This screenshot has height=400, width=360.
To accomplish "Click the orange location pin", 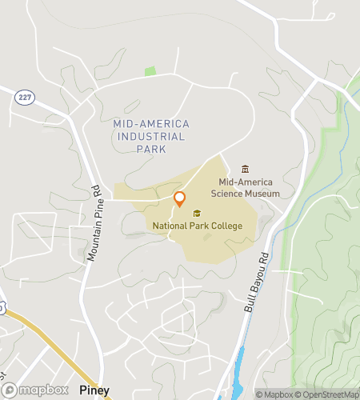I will pyautogui.click(x=180, y=199).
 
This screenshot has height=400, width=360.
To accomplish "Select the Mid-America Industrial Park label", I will pyautogui.click(x=151, y=136).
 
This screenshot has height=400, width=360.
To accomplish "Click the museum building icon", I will pyautogui.click(x=245, y=169).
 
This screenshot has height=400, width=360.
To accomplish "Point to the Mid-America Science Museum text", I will pyautogui.click(x=245, y=187).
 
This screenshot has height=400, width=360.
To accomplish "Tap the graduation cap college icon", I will pyautogui.click(x=197, y=213).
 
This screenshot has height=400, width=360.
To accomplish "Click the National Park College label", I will pyautogui.click(x=197, y=226).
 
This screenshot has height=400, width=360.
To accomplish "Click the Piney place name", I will pyautogui.click(x=94, y=390).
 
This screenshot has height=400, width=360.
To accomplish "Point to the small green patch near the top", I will pyautogui.click(x=150, y=71).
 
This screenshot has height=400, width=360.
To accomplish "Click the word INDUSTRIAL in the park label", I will pyautogui.click(x=151, y=137).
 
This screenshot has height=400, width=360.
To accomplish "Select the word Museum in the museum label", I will pyautogui.click(x=263, y=193).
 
